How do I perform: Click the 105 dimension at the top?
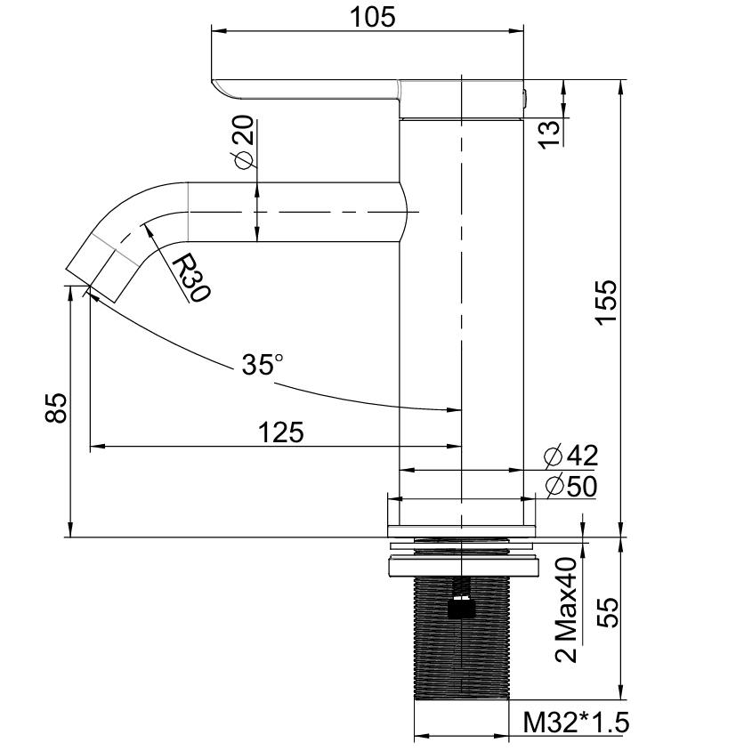coord(372,17)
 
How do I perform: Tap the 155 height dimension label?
coord(606,303)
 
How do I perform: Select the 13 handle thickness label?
coord(550,134)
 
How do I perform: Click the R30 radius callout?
coord(191,279)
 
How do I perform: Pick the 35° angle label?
coord(263,364)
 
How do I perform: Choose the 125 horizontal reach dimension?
coord(281,432)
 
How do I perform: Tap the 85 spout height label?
coord(57,408)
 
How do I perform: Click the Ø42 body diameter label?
coord(571,456)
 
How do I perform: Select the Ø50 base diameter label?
coord(571,487)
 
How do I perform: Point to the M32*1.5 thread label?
coord(576,723)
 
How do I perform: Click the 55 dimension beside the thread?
coord(608,612)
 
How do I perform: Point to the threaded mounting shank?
coord(461,638)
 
